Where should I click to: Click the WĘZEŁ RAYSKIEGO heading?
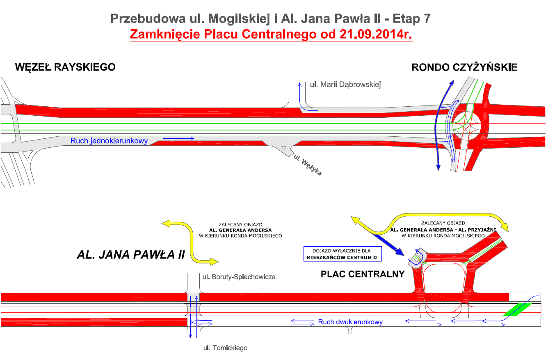pyautogui.click(x=65, y=67)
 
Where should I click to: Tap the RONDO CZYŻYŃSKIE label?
pyautogui.click(x=464, y=67)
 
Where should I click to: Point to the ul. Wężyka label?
pyautogui.click(x=306, y=165)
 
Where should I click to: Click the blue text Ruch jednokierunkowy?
pyautogui.click(x=109, y=141)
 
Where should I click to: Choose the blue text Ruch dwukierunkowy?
pyautogui.click(x=350, y=322)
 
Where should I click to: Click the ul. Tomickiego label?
pyautogui.click(x=226, y=348)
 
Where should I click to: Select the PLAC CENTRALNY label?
pyautogui.click(x=363, y=274)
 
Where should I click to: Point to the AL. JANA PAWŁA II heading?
pyautogui.click(x=131, y=255)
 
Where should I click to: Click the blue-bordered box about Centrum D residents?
pyautogui.click(x=342, y=254)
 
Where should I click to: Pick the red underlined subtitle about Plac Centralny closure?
pyautogui.click(x=271, y=34)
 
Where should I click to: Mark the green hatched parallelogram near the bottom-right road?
pyautogui.click(x=517, y=309)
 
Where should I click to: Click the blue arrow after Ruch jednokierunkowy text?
pyautogui.click(x=178, y=139)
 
